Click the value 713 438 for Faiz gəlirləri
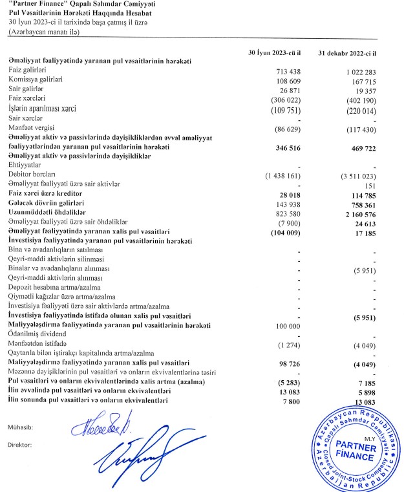click(x=283, y=69)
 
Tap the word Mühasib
click(x=22, y=427)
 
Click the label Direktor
click(x=22, y=445)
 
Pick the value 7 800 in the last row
click(x=289, y=402)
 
